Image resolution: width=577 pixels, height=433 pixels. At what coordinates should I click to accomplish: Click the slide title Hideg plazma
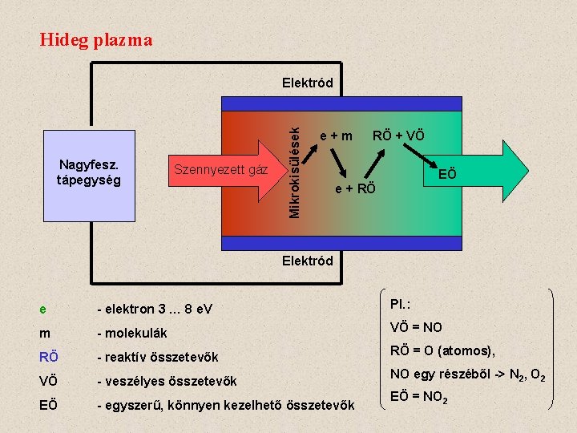tap(95, 39)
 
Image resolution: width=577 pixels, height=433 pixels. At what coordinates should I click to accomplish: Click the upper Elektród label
tap(307, 83)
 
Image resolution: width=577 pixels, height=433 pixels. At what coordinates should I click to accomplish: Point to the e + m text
tap(336, 136)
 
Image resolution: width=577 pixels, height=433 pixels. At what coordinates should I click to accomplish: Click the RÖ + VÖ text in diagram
tap(398, 136)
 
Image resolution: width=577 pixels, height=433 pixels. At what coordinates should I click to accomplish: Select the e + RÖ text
tap(354, 189)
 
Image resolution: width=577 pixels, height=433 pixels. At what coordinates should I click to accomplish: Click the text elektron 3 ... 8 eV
tap(154, 309)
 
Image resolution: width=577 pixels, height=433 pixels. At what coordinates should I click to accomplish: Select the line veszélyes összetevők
tap(168, 380)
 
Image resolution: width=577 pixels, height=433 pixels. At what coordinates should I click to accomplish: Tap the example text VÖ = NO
tap(416, 327)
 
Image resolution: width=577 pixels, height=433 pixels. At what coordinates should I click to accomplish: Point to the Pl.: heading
tap(401, 304)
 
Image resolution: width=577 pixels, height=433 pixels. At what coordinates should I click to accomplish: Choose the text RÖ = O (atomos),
tap(442, 350)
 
